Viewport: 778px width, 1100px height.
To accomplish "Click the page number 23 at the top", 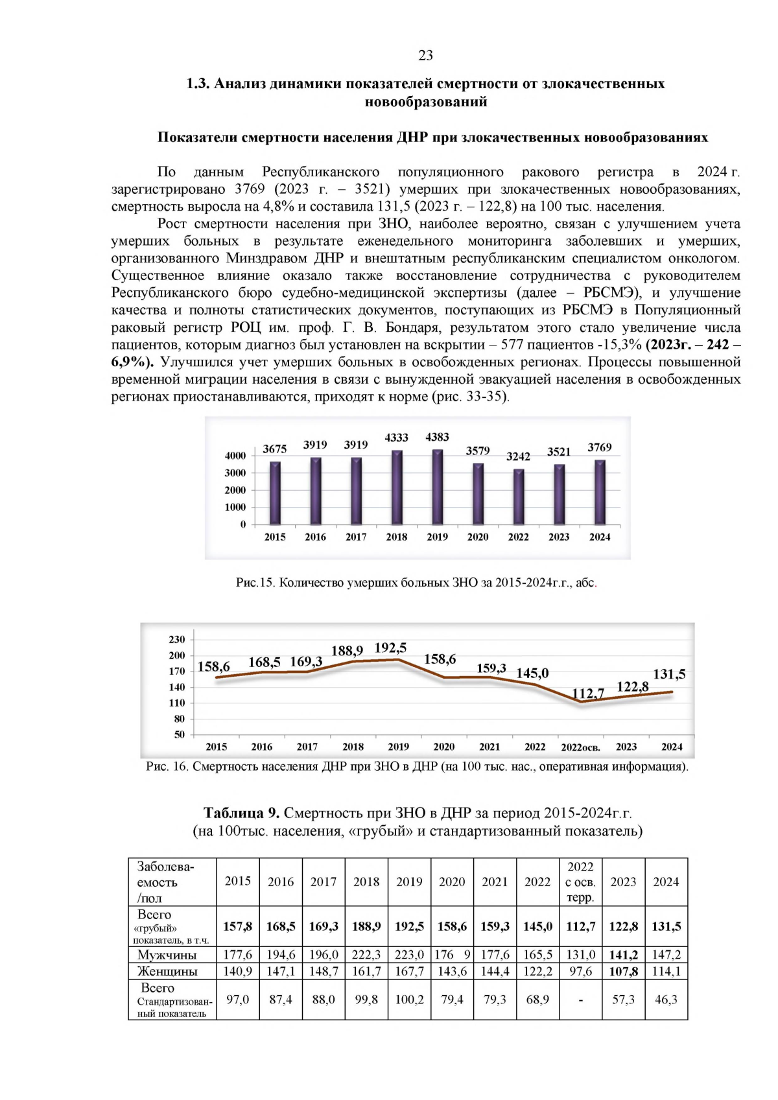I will coord(425,56).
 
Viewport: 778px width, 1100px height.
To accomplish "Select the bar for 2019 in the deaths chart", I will coord(438,487).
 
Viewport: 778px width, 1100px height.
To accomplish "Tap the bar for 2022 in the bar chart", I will coord(519,497).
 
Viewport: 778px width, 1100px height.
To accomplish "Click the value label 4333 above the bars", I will coord(396,438).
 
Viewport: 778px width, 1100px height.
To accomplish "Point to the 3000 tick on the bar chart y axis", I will coord(235,473).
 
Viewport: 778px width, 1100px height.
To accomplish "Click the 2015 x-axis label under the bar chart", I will coord(275,537).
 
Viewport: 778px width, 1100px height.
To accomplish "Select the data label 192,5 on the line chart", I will coord(390,648).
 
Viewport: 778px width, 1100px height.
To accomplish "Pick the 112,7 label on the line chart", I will coord(587,694).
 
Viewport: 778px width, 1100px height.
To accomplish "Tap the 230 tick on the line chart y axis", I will coord(177,640).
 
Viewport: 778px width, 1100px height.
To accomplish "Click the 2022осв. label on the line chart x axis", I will coord(580,747).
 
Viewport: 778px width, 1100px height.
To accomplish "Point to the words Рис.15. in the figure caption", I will coord(256,582).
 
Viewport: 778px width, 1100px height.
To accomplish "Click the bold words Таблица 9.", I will coord(241,813).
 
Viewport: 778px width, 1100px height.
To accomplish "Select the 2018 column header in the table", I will coord(366,882).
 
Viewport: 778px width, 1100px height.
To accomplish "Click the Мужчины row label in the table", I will coord(167,955).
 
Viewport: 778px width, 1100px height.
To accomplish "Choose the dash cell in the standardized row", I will coord(580,1000).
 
